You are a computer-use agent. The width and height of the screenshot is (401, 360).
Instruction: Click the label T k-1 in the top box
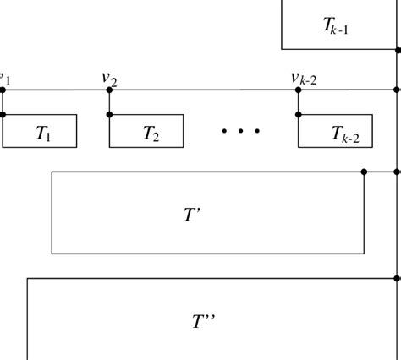tap(336, 26)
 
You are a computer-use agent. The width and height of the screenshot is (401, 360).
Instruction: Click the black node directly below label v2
tap(109, 90)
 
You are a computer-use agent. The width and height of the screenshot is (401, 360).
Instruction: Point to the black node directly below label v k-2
tap(298, 90)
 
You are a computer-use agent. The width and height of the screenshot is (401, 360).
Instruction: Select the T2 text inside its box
tap(150, 133)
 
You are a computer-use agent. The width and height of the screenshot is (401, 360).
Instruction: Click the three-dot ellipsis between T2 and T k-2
tap(240, 131)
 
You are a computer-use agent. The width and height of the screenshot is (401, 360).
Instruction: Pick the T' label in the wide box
tap(192, 214)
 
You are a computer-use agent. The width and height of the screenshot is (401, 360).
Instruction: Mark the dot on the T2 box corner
tap(109, 115)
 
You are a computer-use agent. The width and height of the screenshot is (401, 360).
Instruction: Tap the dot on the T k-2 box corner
tap(298, 115)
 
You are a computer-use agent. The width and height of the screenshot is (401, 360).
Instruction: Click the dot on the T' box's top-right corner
tap(364, 172)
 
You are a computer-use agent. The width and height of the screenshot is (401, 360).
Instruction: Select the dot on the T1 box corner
tap(3, 115)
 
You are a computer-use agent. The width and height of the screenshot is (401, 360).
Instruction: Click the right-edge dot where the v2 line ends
tap(398, 90)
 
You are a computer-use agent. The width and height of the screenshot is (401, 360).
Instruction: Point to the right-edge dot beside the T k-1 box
tap(398, 50)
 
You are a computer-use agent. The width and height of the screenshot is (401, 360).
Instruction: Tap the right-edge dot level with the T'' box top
tap(398, 278)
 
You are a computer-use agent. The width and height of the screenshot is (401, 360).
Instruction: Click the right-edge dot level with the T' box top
tap(398, 172)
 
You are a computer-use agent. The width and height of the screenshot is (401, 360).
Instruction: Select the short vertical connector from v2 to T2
tap(109, 102)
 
